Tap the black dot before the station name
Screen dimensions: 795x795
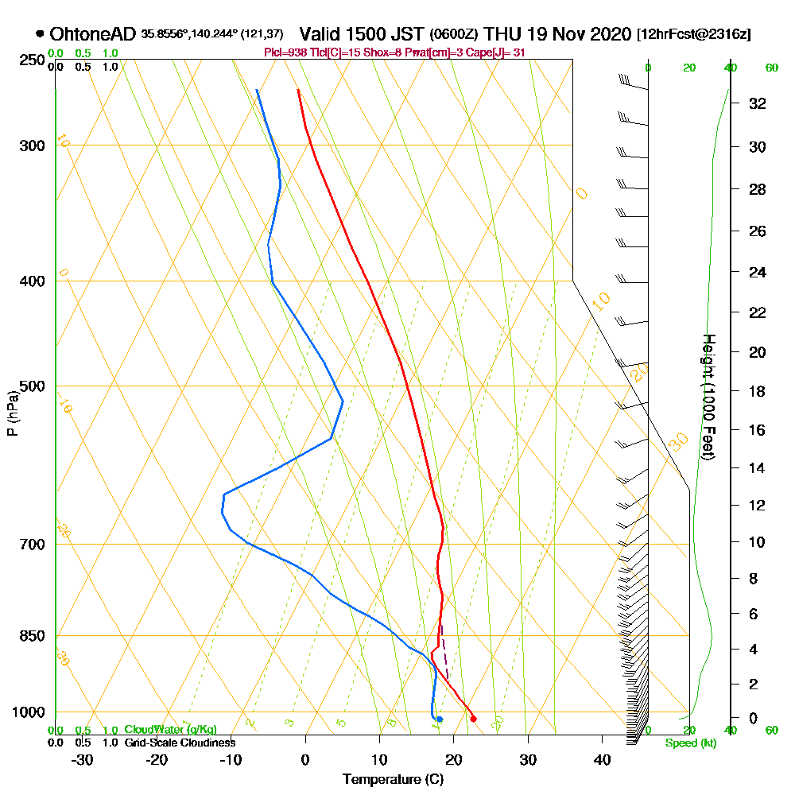click(40, 34)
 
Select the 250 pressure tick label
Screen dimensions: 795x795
click(31, 60)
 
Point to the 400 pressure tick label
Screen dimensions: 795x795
click(31, 281)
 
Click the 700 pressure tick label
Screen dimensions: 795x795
click(31, 545)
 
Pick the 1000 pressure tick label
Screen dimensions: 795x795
click(28, 712)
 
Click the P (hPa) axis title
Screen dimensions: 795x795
click(12, 413)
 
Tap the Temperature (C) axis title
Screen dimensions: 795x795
click(393, 779)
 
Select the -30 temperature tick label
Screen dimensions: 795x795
click(83, 759)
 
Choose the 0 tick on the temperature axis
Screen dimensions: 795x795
click(305, 759)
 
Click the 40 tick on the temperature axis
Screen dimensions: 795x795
click(602, 759)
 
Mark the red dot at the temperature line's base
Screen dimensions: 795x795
click(473, 719)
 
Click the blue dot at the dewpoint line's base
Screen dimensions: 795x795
click(439, 719)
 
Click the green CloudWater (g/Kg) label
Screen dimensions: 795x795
click(170, 730)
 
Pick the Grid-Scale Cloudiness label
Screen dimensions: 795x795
click(179, 743)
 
